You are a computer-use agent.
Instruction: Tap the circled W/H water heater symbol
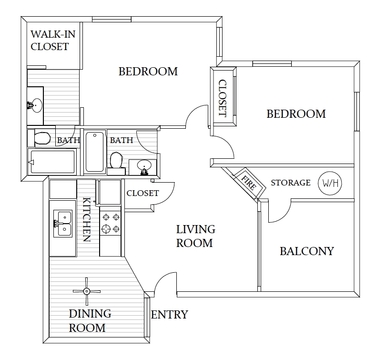[x=329, y=183]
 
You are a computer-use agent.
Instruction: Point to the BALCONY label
[x=306, y=251]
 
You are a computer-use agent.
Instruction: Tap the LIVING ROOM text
[x=196, y=236]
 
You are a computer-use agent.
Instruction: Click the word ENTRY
[x=168, y=316]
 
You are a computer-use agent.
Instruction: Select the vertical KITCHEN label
[x=87, y=218]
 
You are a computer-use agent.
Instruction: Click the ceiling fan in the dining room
[x=87, y=290]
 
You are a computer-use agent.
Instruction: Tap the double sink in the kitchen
[x=64, y=222]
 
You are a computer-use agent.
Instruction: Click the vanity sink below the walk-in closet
[x=36, y=103]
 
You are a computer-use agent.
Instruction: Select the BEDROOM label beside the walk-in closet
[x=148, y=71]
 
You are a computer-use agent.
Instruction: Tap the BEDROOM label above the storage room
[x=296, y=114]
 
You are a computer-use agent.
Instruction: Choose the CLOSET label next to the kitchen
[x=144, y=192]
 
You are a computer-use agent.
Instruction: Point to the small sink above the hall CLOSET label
[x=144, y=164]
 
